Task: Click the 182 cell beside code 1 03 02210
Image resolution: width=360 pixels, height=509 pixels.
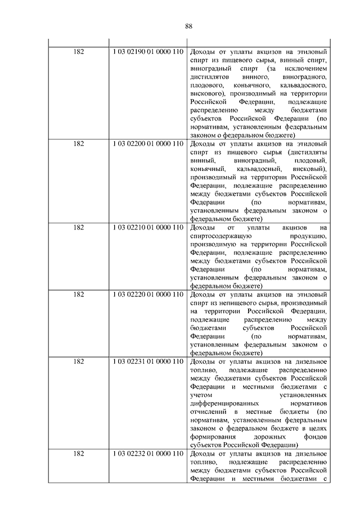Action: click(79, 228)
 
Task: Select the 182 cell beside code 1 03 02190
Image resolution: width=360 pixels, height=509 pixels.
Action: click(79, 51)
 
